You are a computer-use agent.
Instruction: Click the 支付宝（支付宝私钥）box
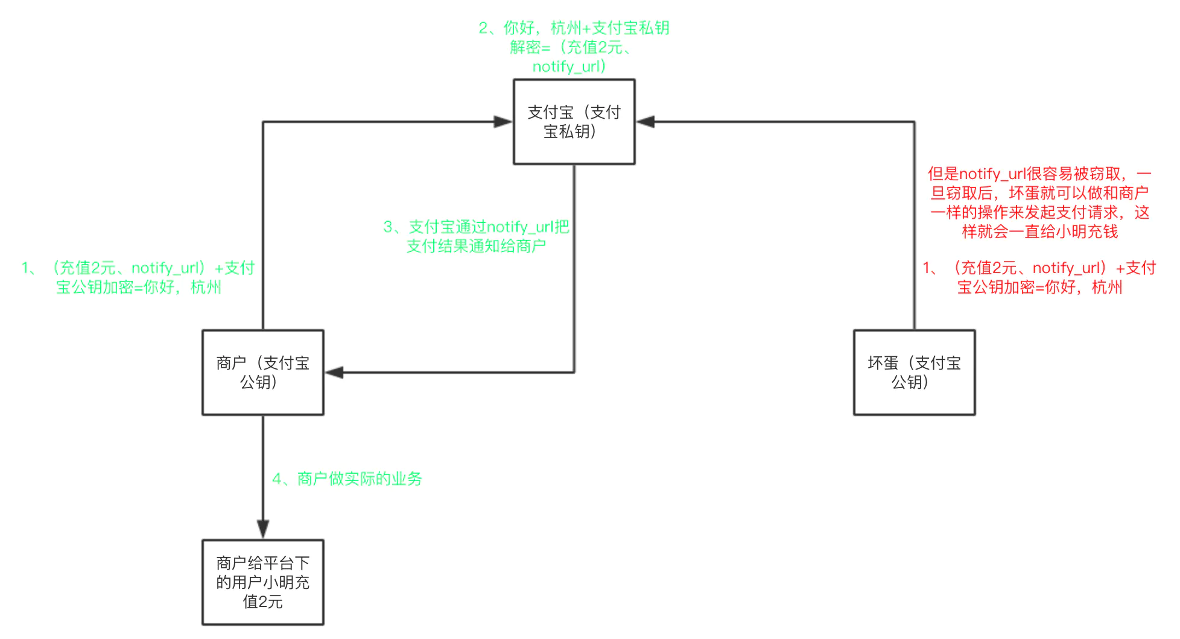(574, 122)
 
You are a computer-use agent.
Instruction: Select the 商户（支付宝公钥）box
(262, 373)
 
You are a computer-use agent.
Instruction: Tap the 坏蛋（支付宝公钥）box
(914, 373)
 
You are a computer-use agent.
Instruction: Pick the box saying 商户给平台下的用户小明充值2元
(262, 582)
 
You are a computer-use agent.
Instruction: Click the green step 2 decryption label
(573, 47)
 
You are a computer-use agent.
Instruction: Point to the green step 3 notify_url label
(476, 236)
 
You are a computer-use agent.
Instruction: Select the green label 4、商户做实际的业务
(347, 479)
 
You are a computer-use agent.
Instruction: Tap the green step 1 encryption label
(138, 277)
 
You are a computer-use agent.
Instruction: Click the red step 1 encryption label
(1039, 277)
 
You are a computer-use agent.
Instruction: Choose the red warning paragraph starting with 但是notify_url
(1039, 203)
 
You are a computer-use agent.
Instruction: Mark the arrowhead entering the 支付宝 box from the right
(646, 122)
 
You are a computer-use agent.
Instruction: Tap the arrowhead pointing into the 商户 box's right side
(334, 373)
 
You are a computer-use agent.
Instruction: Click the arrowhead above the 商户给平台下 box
(263, 529)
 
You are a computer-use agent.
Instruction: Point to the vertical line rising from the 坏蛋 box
(915, 229)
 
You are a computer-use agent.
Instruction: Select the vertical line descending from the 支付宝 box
(574, 271)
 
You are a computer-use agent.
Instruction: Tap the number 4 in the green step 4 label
(277, 479)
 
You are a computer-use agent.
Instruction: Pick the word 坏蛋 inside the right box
(883, 363)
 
